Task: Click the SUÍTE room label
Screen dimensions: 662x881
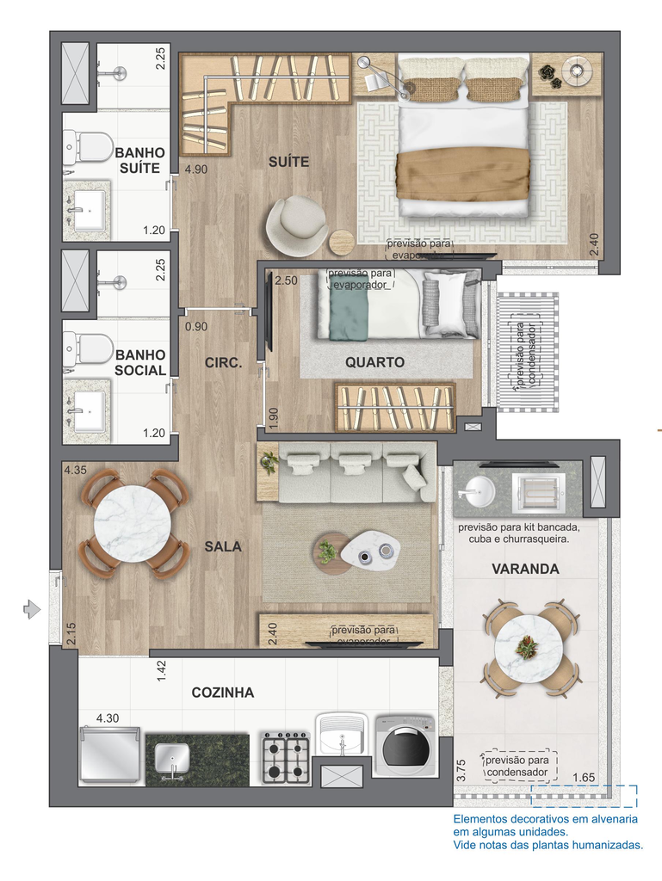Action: [288, 162]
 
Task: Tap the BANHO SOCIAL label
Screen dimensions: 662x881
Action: [140, 362]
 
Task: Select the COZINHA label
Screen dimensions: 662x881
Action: [223, 693]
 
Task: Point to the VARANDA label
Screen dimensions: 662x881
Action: [525, 569]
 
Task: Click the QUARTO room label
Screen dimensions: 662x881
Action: [374, 362]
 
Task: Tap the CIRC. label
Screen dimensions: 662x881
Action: [223, 363]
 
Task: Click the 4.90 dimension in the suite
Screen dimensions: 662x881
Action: [196, 169]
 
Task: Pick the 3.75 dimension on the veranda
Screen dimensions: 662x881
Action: [461, 770]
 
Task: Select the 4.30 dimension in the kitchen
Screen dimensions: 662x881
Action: [108, 718]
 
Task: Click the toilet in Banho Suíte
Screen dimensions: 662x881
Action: [88, 146]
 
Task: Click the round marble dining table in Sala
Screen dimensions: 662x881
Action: [132, 524]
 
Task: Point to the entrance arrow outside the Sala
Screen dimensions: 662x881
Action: [32, 608]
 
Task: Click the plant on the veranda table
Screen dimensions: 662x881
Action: [527, 647]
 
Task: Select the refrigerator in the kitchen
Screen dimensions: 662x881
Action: [109, 755]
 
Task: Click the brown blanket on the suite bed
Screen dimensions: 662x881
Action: [463, 174]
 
